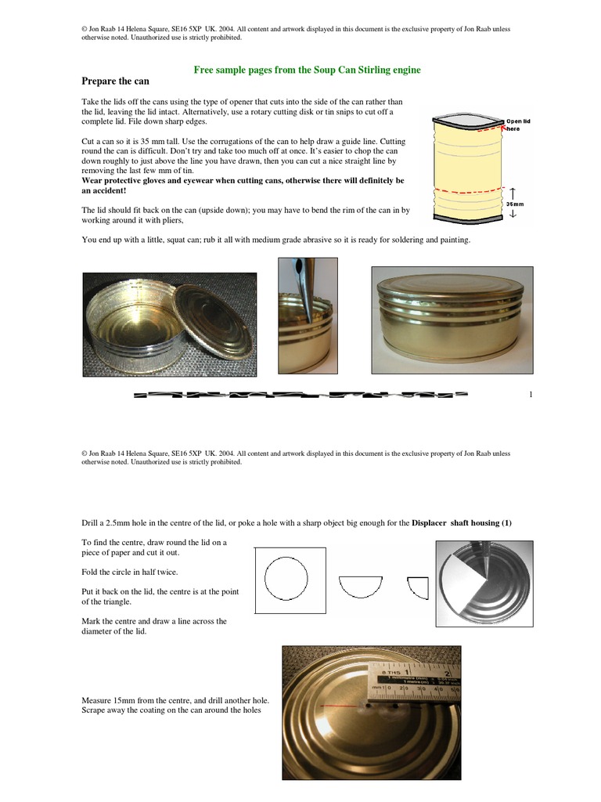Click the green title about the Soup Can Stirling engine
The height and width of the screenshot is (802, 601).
[x=307, y=70]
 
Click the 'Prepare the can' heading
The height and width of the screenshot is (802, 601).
[x=115, y=81]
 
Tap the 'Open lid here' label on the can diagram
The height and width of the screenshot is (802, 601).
[x=518, y=125]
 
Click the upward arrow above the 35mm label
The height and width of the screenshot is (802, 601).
[x=513, y=192]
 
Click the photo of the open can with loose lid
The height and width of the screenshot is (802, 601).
[x=170, y=324]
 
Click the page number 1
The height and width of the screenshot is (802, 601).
[x=531, y=394]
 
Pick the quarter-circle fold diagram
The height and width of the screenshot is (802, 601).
[x=417, y=586]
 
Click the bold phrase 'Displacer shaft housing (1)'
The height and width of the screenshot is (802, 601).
[x=461, y=522]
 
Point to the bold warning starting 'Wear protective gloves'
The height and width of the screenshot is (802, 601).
[x=243, y=186]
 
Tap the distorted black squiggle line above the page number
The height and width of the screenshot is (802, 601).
[x=301, y=396]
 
